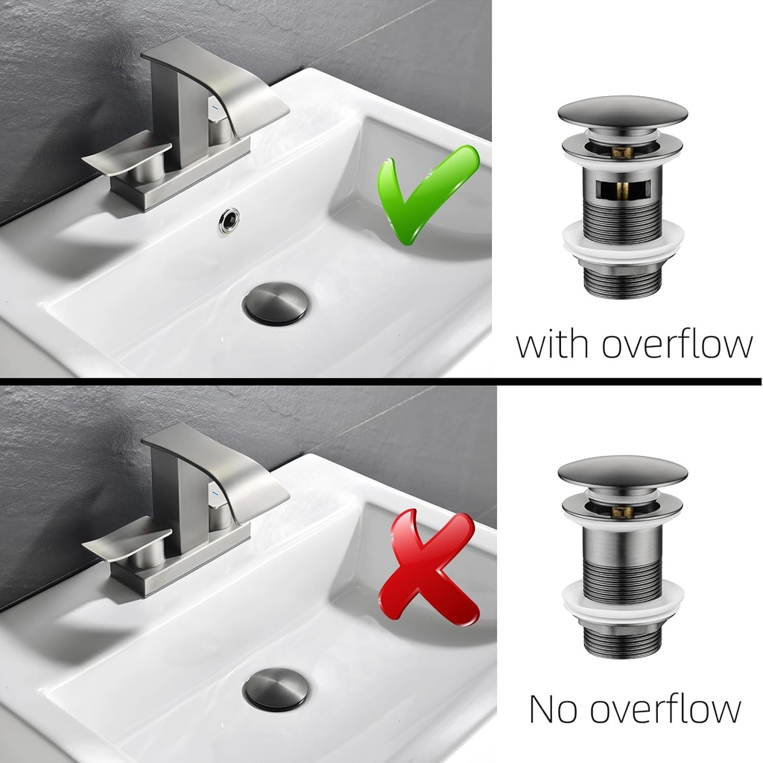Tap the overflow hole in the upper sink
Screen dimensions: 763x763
pos(229,221)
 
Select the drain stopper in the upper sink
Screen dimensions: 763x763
pos(276,304)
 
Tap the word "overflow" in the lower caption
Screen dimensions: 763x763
pos(665,709)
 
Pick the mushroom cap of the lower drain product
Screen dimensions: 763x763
pos(623,473)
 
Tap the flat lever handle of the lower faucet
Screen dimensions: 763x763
pos(127,544)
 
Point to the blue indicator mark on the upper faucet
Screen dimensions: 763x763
pos(214,105)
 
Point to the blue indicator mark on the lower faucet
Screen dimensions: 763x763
pos(214,493)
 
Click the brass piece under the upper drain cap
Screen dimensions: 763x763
pos(622,152)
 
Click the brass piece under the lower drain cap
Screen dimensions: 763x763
pos(622,511)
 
